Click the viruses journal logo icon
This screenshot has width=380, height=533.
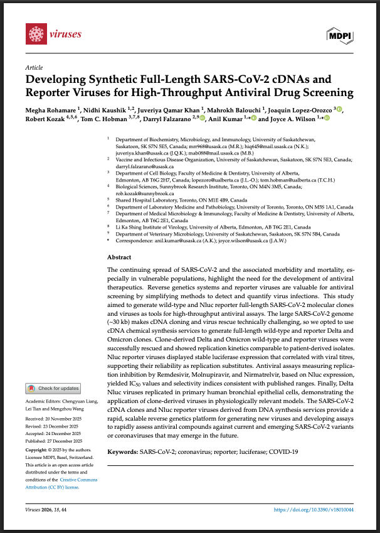(x=35, y=32)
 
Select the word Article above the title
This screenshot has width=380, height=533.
(x=34, y=67)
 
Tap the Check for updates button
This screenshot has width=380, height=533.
(x=53, y=389)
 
